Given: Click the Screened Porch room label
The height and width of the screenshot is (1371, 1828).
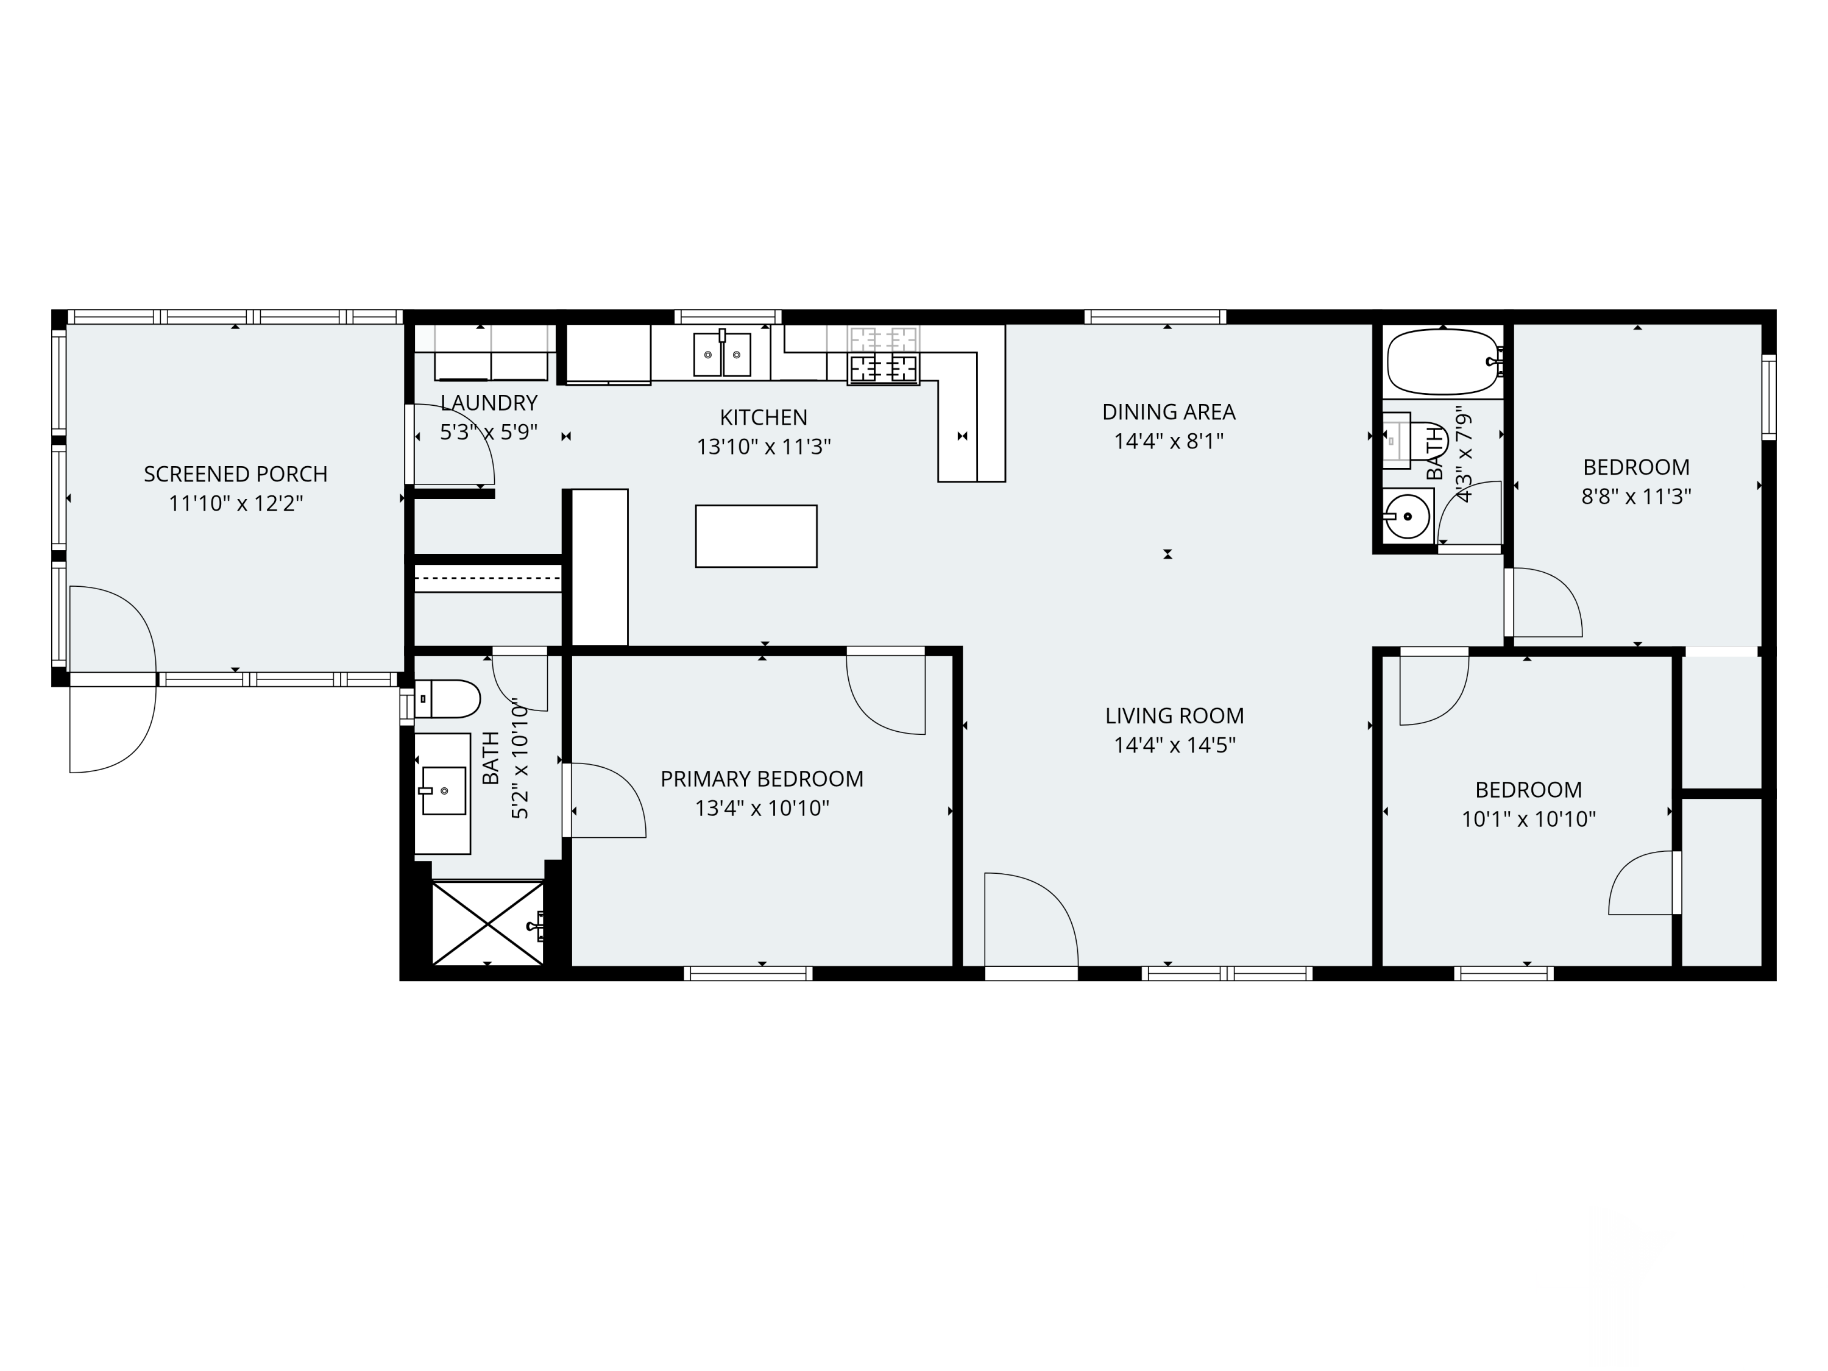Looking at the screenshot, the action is [236, 474].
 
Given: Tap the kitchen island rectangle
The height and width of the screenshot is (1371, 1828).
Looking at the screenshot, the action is [756, 536].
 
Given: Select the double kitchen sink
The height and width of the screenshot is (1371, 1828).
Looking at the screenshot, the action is [722, 353].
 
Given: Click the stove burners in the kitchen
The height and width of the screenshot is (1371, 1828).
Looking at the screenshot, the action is [884, 355].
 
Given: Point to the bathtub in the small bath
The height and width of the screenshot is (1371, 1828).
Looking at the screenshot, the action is [1444, 362].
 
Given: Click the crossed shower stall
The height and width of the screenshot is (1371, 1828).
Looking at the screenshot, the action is [487, 923].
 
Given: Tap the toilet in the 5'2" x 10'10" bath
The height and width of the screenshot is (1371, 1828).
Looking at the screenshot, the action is [446, 699].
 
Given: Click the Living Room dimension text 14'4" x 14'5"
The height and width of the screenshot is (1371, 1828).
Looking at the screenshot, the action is [1174, 745].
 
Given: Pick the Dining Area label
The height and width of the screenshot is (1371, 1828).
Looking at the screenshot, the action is [1169, 411].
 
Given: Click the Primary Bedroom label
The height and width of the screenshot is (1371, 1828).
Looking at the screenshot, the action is [762, 779].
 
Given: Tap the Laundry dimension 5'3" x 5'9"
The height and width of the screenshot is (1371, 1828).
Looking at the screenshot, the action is [489, 432].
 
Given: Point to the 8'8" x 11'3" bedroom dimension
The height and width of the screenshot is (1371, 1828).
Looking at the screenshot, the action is [1636, 497].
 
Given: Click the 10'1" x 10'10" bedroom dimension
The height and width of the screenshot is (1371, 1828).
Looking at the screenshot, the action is [1529, 819].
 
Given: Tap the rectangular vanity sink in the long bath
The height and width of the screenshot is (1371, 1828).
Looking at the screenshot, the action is [444, 791].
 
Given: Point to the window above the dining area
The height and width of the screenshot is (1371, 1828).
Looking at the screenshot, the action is [1155, 316].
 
